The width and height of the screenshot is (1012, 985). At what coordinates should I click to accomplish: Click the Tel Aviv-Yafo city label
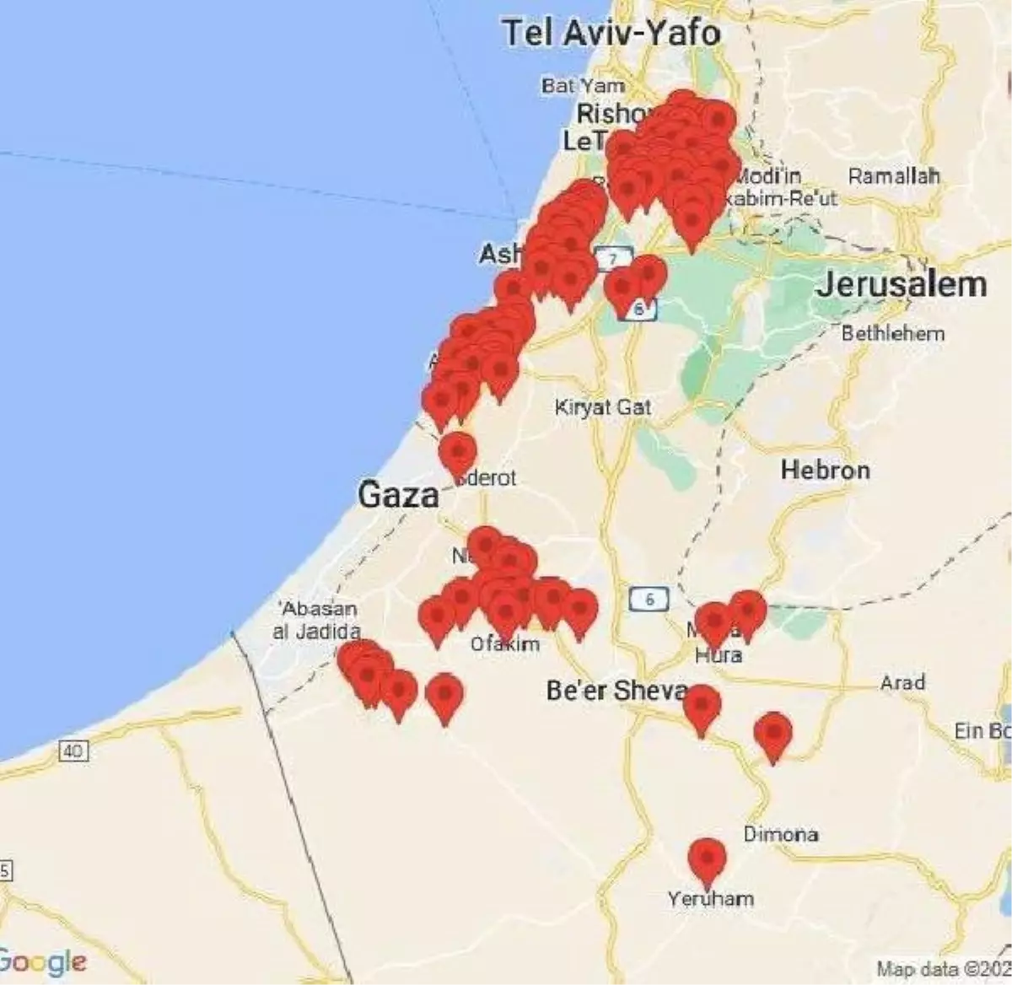pos(611,34)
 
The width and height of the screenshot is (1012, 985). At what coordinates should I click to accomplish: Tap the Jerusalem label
pos(901,285)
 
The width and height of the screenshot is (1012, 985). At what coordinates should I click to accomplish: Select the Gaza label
pos(398,495)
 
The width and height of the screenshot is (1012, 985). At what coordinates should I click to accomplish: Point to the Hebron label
pos(825,470)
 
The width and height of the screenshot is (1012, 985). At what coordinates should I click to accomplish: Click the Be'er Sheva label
pos(616,692)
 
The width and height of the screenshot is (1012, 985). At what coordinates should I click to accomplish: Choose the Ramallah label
pos(893,176)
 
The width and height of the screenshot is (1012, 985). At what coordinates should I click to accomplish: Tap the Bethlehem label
pos(892,333)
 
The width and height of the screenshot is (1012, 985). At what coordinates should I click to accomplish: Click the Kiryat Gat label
pos(603,407)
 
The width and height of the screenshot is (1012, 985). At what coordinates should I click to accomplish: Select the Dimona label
pos(780,834)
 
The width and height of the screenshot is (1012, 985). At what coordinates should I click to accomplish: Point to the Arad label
pos(902,681)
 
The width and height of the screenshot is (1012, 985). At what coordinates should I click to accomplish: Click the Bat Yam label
pos(583,85)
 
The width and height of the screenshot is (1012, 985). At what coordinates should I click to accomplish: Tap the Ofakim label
pos(504,644)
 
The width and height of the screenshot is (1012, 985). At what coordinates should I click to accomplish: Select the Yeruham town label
pos(710,899)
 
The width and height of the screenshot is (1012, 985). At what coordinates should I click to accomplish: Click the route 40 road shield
pos(73,750)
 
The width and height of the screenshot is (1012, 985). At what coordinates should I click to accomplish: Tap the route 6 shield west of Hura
pos(648,600)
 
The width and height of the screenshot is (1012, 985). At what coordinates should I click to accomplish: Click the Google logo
pos(42,961)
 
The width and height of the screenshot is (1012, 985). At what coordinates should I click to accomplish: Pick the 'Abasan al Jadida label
pos(318,620)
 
